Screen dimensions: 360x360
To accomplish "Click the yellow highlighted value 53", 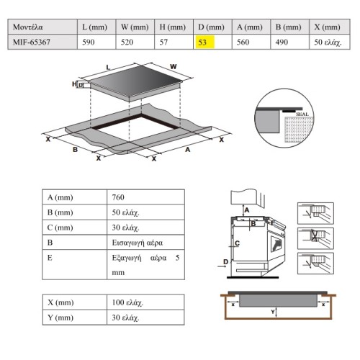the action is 202,42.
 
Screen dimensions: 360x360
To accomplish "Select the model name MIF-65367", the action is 32,42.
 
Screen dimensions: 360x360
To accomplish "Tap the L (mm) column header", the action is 94,27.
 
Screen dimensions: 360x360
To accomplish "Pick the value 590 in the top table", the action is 89,42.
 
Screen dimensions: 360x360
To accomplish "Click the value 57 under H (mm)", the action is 163,42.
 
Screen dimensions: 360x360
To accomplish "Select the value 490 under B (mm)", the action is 282,42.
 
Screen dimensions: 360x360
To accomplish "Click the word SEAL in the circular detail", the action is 302,114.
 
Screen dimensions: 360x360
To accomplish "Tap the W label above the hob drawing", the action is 174,66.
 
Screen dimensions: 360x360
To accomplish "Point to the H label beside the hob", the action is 74,84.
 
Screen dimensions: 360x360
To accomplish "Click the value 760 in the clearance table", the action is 118,197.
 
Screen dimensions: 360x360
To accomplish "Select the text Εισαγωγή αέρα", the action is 138,243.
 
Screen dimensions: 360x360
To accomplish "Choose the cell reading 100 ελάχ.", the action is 127,302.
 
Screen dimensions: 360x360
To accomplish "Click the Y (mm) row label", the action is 60,318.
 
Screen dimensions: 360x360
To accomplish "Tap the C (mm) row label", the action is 60,228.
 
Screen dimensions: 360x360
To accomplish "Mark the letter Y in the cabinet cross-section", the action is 273,312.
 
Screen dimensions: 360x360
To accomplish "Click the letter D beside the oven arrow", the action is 225,261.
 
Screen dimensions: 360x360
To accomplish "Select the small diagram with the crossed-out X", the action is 315,238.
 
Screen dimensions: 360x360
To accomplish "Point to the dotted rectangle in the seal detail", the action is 299,130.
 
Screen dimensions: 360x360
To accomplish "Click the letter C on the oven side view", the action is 237,243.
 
